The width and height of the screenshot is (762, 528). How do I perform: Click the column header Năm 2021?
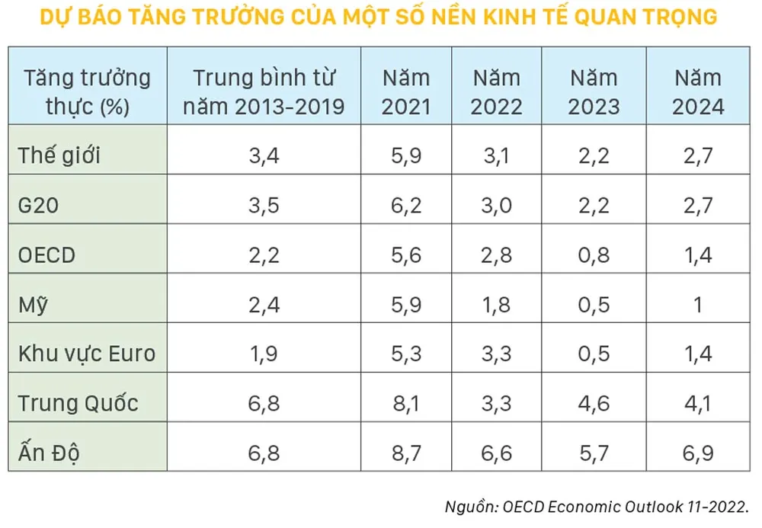(405, 91)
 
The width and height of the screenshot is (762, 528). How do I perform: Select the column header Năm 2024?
(698, 91)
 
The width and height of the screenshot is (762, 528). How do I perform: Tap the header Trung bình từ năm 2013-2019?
(264, 91)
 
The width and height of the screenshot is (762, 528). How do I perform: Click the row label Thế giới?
(60, 156)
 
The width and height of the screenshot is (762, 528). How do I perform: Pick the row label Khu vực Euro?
(87, 353)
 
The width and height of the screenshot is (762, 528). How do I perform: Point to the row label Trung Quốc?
(78, 402)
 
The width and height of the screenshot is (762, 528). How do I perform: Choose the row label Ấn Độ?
(50, 453)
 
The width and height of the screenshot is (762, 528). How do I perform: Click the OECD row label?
(47, 254)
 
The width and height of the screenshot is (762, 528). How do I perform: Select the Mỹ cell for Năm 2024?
(698, 304)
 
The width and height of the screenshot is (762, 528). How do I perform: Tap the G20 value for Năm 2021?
(405, 206)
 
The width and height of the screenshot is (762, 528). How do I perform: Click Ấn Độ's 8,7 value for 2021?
(405, 453)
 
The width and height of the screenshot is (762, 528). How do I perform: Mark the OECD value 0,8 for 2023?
(594, 254)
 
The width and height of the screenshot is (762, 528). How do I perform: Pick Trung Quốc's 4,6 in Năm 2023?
(594, 402)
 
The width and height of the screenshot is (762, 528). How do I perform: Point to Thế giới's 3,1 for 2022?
(497, 156)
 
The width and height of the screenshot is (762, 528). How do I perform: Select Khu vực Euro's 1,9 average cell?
(264, 353)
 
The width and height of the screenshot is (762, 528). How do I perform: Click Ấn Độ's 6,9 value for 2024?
(698, 453)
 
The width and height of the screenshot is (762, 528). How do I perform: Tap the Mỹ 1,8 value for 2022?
(497, 304)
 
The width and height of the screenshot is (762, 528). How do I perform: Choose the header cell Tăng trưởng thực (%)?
(87, 91)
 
